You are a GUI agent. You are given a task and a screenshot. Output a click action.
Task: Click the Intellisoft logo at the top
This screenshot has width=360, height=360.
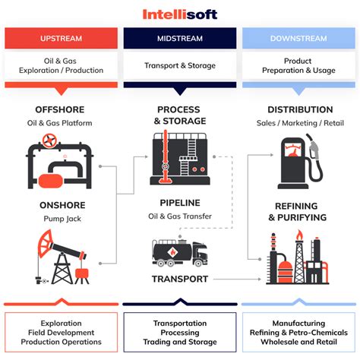coord(180,14)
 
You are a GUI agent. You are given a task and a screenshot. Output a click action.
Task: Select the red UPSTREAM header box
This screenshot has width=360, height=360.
coord(61,38)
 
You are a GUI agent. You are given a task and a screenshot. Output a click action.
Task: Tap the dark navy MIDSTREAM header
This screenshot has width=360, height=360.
coord(180,38)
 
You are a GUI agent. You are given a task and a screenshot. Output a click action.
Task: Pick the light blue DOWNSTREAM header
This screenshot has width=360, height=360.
coord(298,38)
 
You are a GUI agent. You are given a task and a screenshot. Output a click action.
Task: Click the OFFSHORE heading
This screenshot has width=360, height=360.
coord(61,110)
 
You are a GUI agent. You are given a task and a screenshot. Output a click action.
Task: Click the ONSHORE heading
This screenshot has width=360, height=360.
coord(60,205)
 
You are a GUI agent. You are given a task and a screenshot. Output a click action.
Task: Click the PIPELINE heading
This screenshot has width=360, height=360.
coord(181,203)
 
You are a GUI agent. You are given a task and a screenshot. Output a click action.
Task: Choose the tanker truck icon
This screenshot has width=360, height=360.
coord(181,252)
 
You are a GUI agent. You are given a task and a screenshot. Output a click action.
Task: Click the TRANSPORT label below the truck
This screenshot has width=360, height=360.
coord(181,279)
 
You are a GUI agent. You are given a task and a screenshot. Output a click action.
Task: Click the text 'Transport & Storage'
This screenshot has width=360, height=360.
coord(180,66)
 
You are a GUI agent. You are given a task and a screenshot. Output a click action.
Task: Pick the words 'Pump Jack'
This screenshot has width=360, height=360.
coord(61,219)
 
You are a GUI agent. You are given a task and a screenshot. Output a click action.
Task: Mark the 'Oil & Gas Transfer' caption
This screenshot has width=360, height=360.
coord(181,216)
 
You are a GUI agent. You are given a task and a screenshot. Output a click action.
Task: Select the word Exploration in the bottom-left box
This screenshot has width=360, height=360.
coord(61,323)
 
